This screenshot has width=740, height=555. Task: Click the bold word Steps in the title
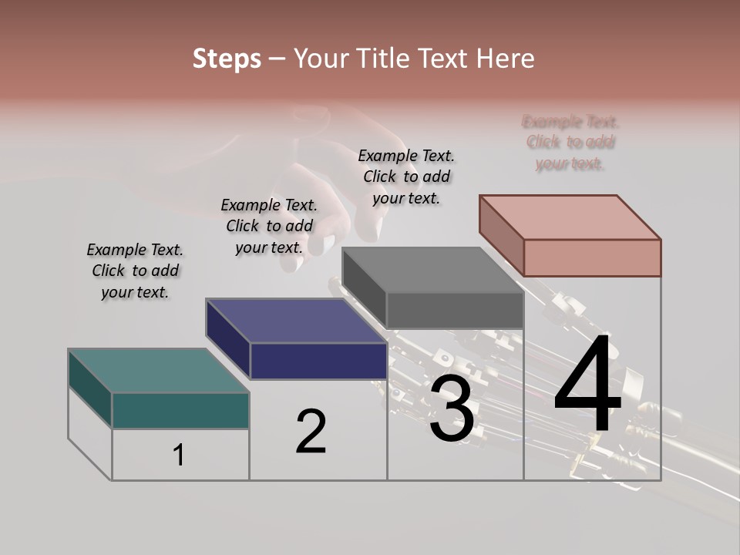click(x=226, y=59)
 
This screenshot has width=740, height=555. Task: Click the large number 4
click(x=587, y=387)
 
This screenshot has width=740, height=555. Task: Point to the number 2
click(x=311, y=431)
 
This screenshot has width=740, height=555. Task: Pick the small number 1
click(x=179, y=455)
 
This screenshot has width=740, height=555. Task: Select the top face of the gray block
click(x=432, y=271)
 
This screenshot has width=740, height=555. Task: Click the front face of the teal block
click(x=180, y=410)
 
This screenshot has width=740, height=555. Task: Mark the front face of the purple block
click(x=318, y=361)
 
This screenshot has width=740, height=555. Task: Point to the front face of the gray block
click(x=455, y=311)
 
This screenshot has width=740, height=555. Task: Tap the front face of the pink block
click(x=592, y=257)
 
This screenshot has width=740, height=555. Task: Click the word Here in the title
click(x=506, y=59)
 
